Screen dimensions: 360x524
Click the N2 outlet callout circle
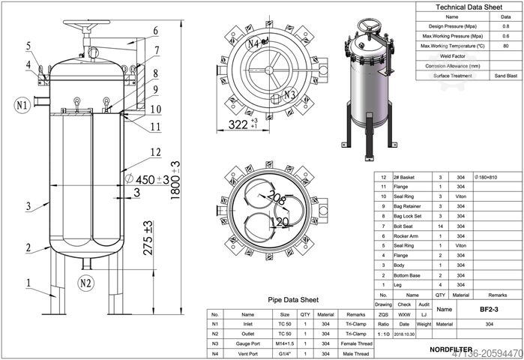86,283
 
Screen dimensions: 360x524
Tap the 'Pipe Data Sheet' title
294,300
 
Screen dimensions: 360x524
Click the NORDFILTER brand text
451,349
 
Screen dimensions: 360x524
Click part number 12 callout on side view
154,152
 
